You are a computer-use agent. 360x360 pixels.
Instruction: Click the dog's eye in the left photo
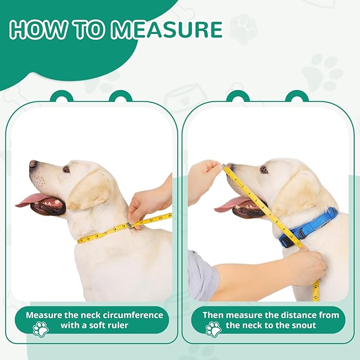(x=66, y=169)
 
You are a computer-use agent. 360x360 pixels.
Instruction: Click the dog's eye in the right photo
(x=264, y=170)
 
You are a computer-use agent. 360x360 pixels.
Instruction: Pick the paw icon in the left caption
(x=40, y=329)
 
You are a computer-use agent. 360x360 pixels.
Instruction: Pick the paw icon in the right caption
(x=213, y=329)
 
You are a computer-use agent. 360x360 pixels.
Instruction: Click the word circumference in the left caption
(x=129, y=315)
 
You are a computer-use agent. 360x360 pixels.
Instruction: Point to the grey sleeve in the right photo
(x=201, y=276)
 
